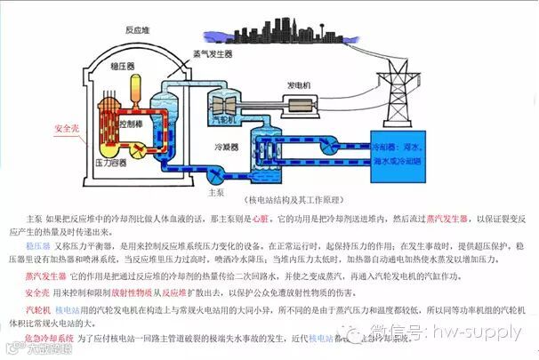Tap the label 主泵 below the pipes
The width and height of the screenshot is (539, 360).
tap(213, 191)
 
